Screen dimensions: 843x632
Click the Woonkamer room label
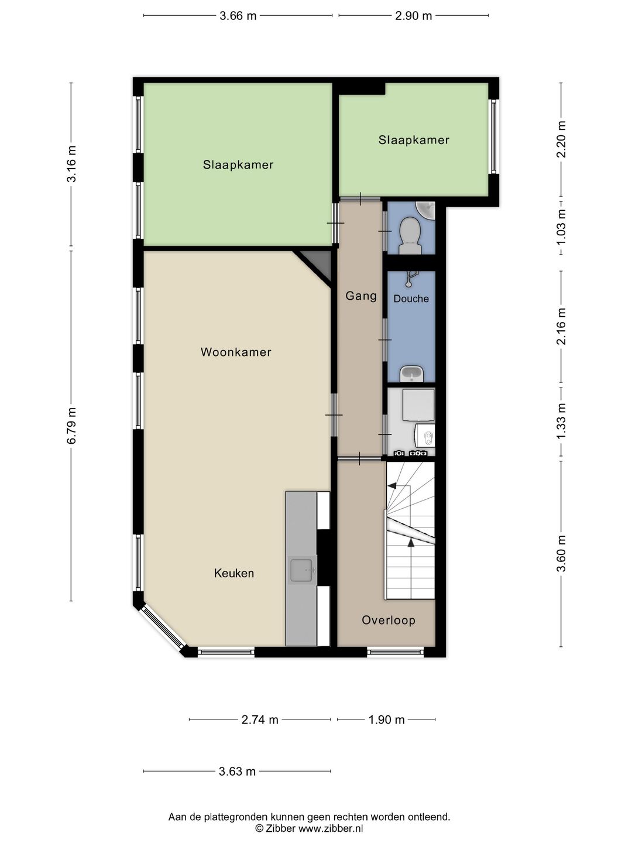pos(236,352)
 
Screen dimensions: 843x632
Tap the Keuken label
pos(234,573)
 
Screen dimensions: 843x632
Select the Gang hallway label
pos(361,296)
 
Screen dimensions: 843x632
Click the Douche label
pos(411,299)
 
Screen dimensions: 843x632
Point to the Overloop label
pos(389,620)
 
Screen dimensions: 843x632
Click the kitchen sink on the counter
pos(303,570)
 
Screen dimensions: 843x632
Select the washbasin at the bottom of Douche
pos(412,372)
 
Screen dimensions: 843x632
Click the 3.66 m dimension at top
pos(238,16)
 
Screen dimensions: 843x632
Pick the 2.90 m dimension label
pos(413,16)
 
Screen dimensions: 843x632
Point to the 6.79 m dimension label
pos(71,426)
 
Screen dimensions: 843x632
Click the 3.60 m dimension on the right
pos(561,554)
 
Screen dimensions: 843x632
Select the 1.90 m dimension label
pos(386,719)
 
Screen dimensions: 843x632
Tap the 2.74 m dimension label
pos(260,719)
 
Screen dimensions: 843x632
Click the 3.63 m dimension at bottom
pos(237,771)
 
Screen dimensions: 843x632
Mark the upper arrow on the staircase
pos(392,485)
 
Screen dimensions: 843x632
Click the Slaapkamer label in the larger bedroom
pos(238,165)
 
